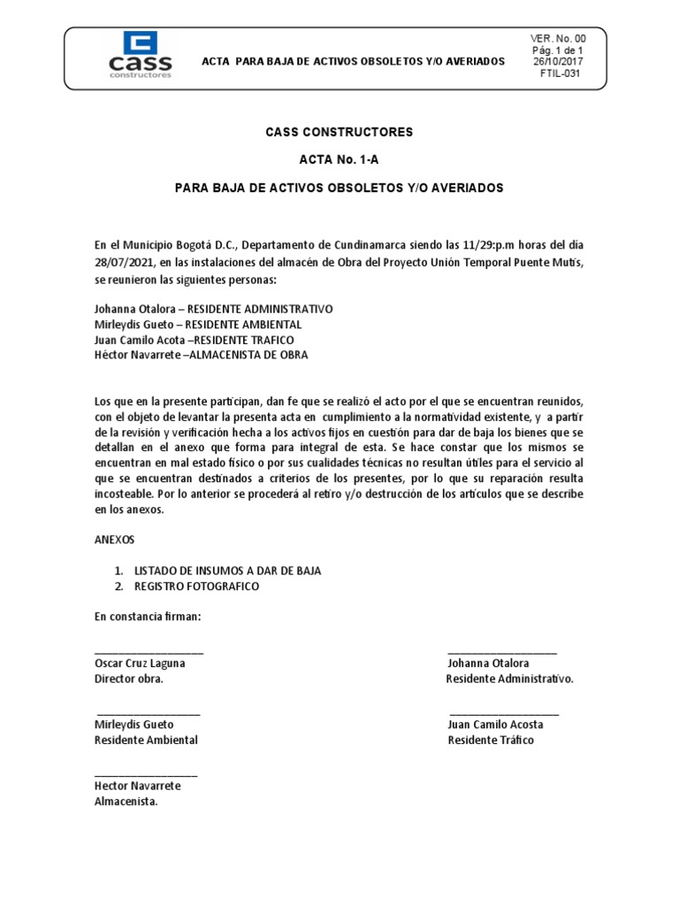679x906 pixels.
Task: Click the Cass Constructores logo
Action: pos(140,54)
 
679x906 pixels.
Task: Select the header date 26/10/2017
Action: pos(557,63)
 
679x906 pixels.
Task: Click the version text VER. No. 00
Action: pos(557,39)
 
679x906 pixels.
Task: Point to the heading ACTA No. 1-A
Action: pos(339,160)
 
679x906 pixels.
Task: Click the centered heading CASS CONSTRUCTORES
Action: pos(339,132)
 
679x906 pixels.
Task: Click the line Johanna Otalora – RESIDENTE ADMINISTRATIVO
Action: pos(213,310)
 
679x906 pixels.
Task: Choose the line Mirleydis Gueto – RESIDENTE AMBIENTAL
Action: pos(198,325)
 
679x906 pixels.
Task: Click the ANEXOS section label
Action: pos(115,539)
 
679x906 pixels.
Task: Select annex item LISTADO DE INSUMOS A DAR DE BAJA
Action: pos(227,571)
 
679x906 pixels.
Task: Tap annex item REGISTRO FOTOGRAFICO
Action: pos(197,587)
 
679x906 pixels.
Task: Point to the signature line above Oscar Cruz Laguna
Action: pos(149,652)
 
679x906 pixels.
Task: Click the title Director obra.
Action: pos(128,679)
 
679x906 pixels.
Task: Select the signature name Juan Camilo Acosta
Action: pos(495,725)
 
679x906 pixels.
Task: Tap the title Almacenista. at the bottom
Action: pos(126,802)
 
